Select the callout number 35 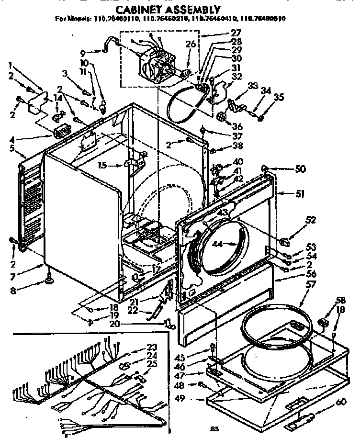(x=279, y=97)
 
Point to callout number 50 (x=300, y=169)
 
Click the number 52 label (x=311, y=220)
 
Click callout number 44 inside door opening (x=218, y=244)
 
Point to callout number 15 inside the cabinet (x=101, y=166)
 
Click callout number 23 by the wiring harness (x=152, y=347)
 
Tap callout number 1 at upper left (x=11, y=65)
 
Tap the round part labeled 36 (x=222, y=116)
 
